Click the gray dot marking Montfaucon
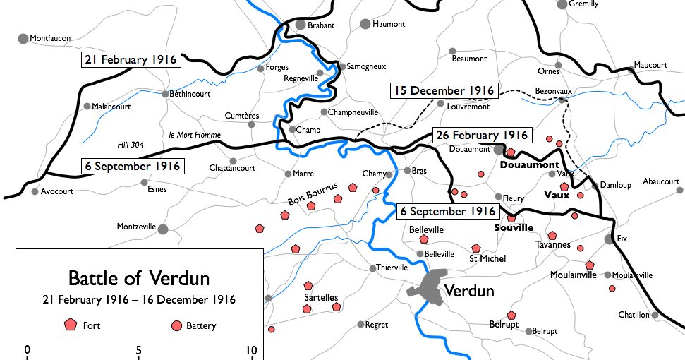(23, 38)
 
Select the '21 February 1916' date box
(131, 60)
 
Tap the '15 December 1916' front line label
(444, 91)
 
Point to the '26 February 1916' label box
(481, 135)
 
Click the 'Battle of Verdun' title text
(138, 277)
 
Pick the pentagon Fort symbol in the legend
(70, 325)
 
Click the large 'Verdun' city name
(469, 291)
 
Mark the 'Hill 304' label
(131, 145)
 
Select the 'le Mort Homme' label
(195, 135)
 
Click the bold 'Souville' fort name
(513, 228)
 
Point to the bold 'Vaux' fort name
(557, 195)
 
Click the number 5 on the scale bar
(139, 349)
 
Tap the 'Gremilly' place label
(583, 4)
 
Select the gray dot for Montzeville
(163, 229)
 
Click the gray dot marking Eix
(609, 239)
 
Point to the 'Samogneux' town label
(367, 66)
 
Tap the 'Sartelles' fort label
(321, 297)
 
